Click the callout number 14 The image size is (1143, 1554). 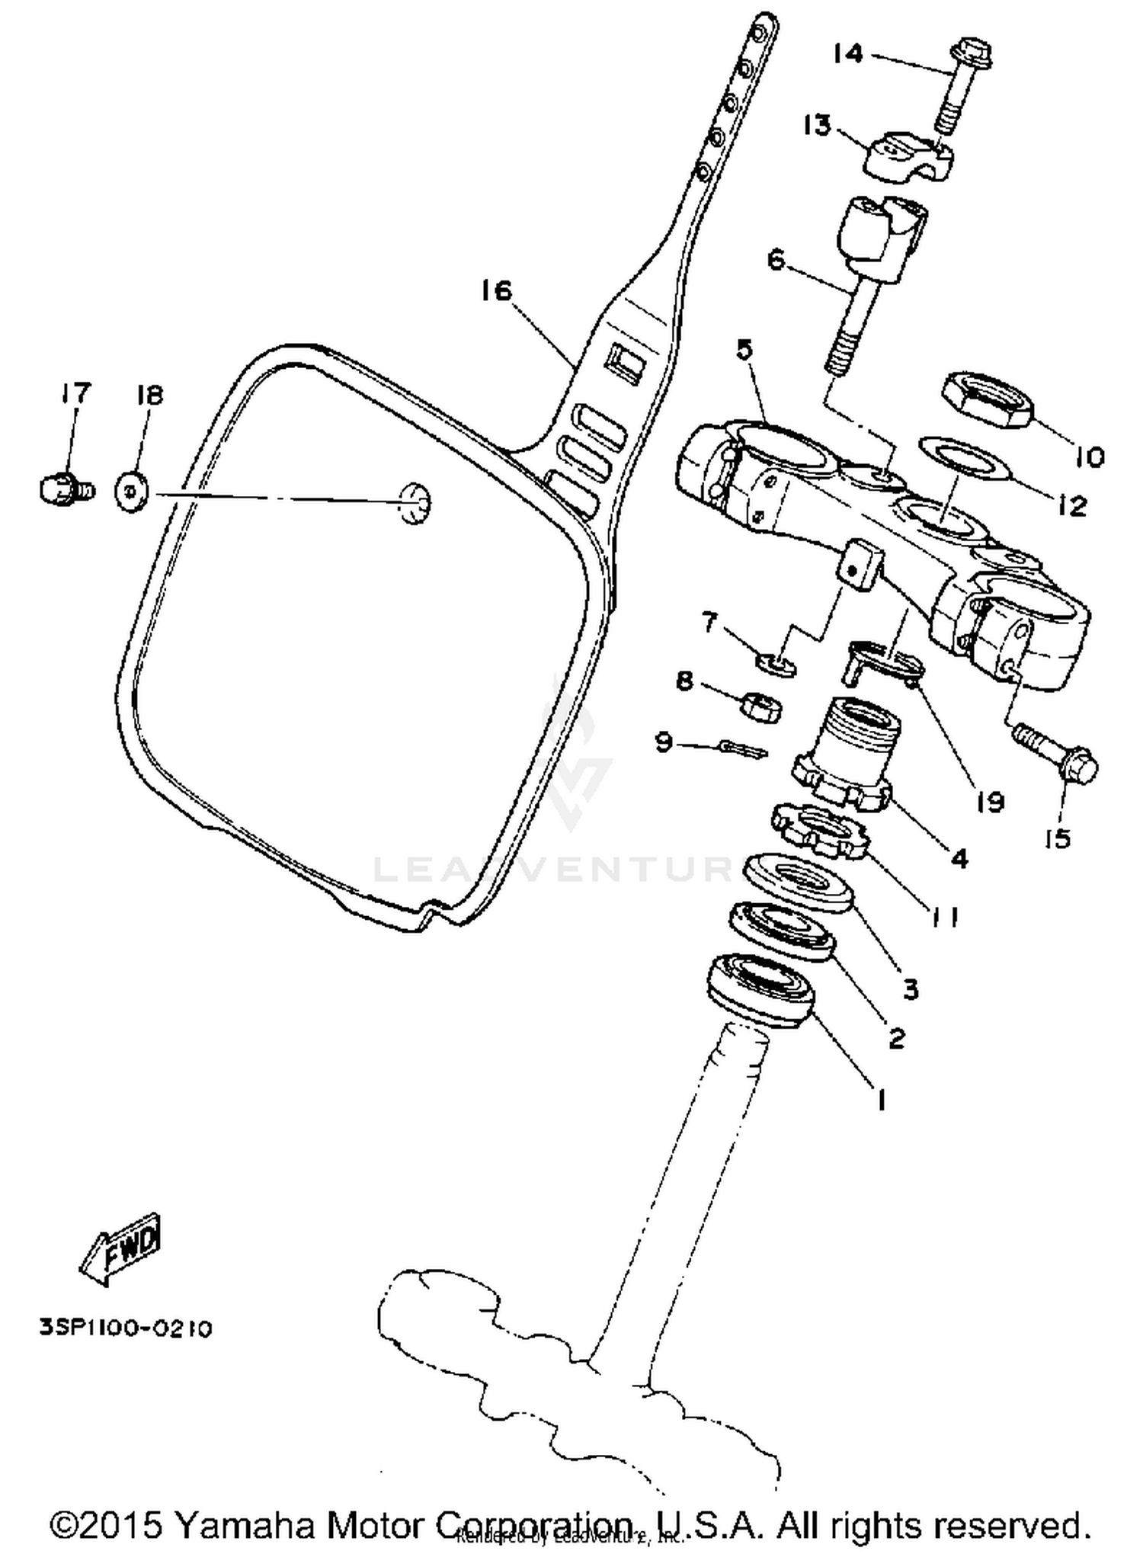(847, 54)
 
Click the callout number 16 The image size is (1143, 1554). (496, 291)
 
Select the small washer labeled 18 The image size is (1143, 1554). (131, 492)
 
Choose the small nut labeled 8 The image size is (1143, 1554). (760, 708)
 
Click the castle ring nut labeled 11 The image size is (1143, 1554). (820, 831)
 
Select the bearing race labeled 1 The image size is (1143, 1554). (760, 989)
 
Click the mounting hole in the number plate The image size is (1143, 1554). (415, 503)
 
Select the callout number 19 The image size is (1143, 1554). (990, 802)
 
